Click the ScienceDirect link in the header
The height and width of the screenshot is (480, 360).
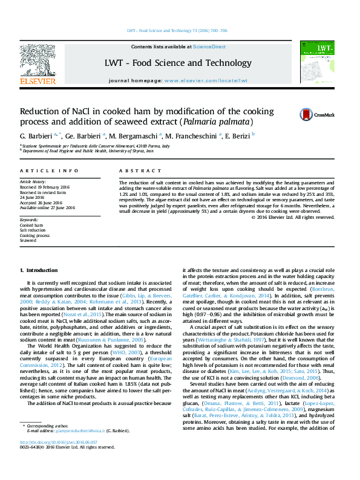click(210, 47)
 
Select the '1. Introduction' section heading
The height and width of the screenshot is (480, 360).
click(39, 270)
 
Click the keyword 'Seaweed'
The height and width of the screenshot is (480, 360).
click(28, 240)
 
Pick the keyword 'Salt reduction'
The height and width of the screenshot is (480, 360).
click(32, 230)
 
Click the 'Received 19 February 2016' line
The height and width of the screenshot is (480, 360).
click(45, 186)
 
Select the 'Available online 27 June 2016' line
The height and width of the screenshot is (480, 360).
click(47, 207)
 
